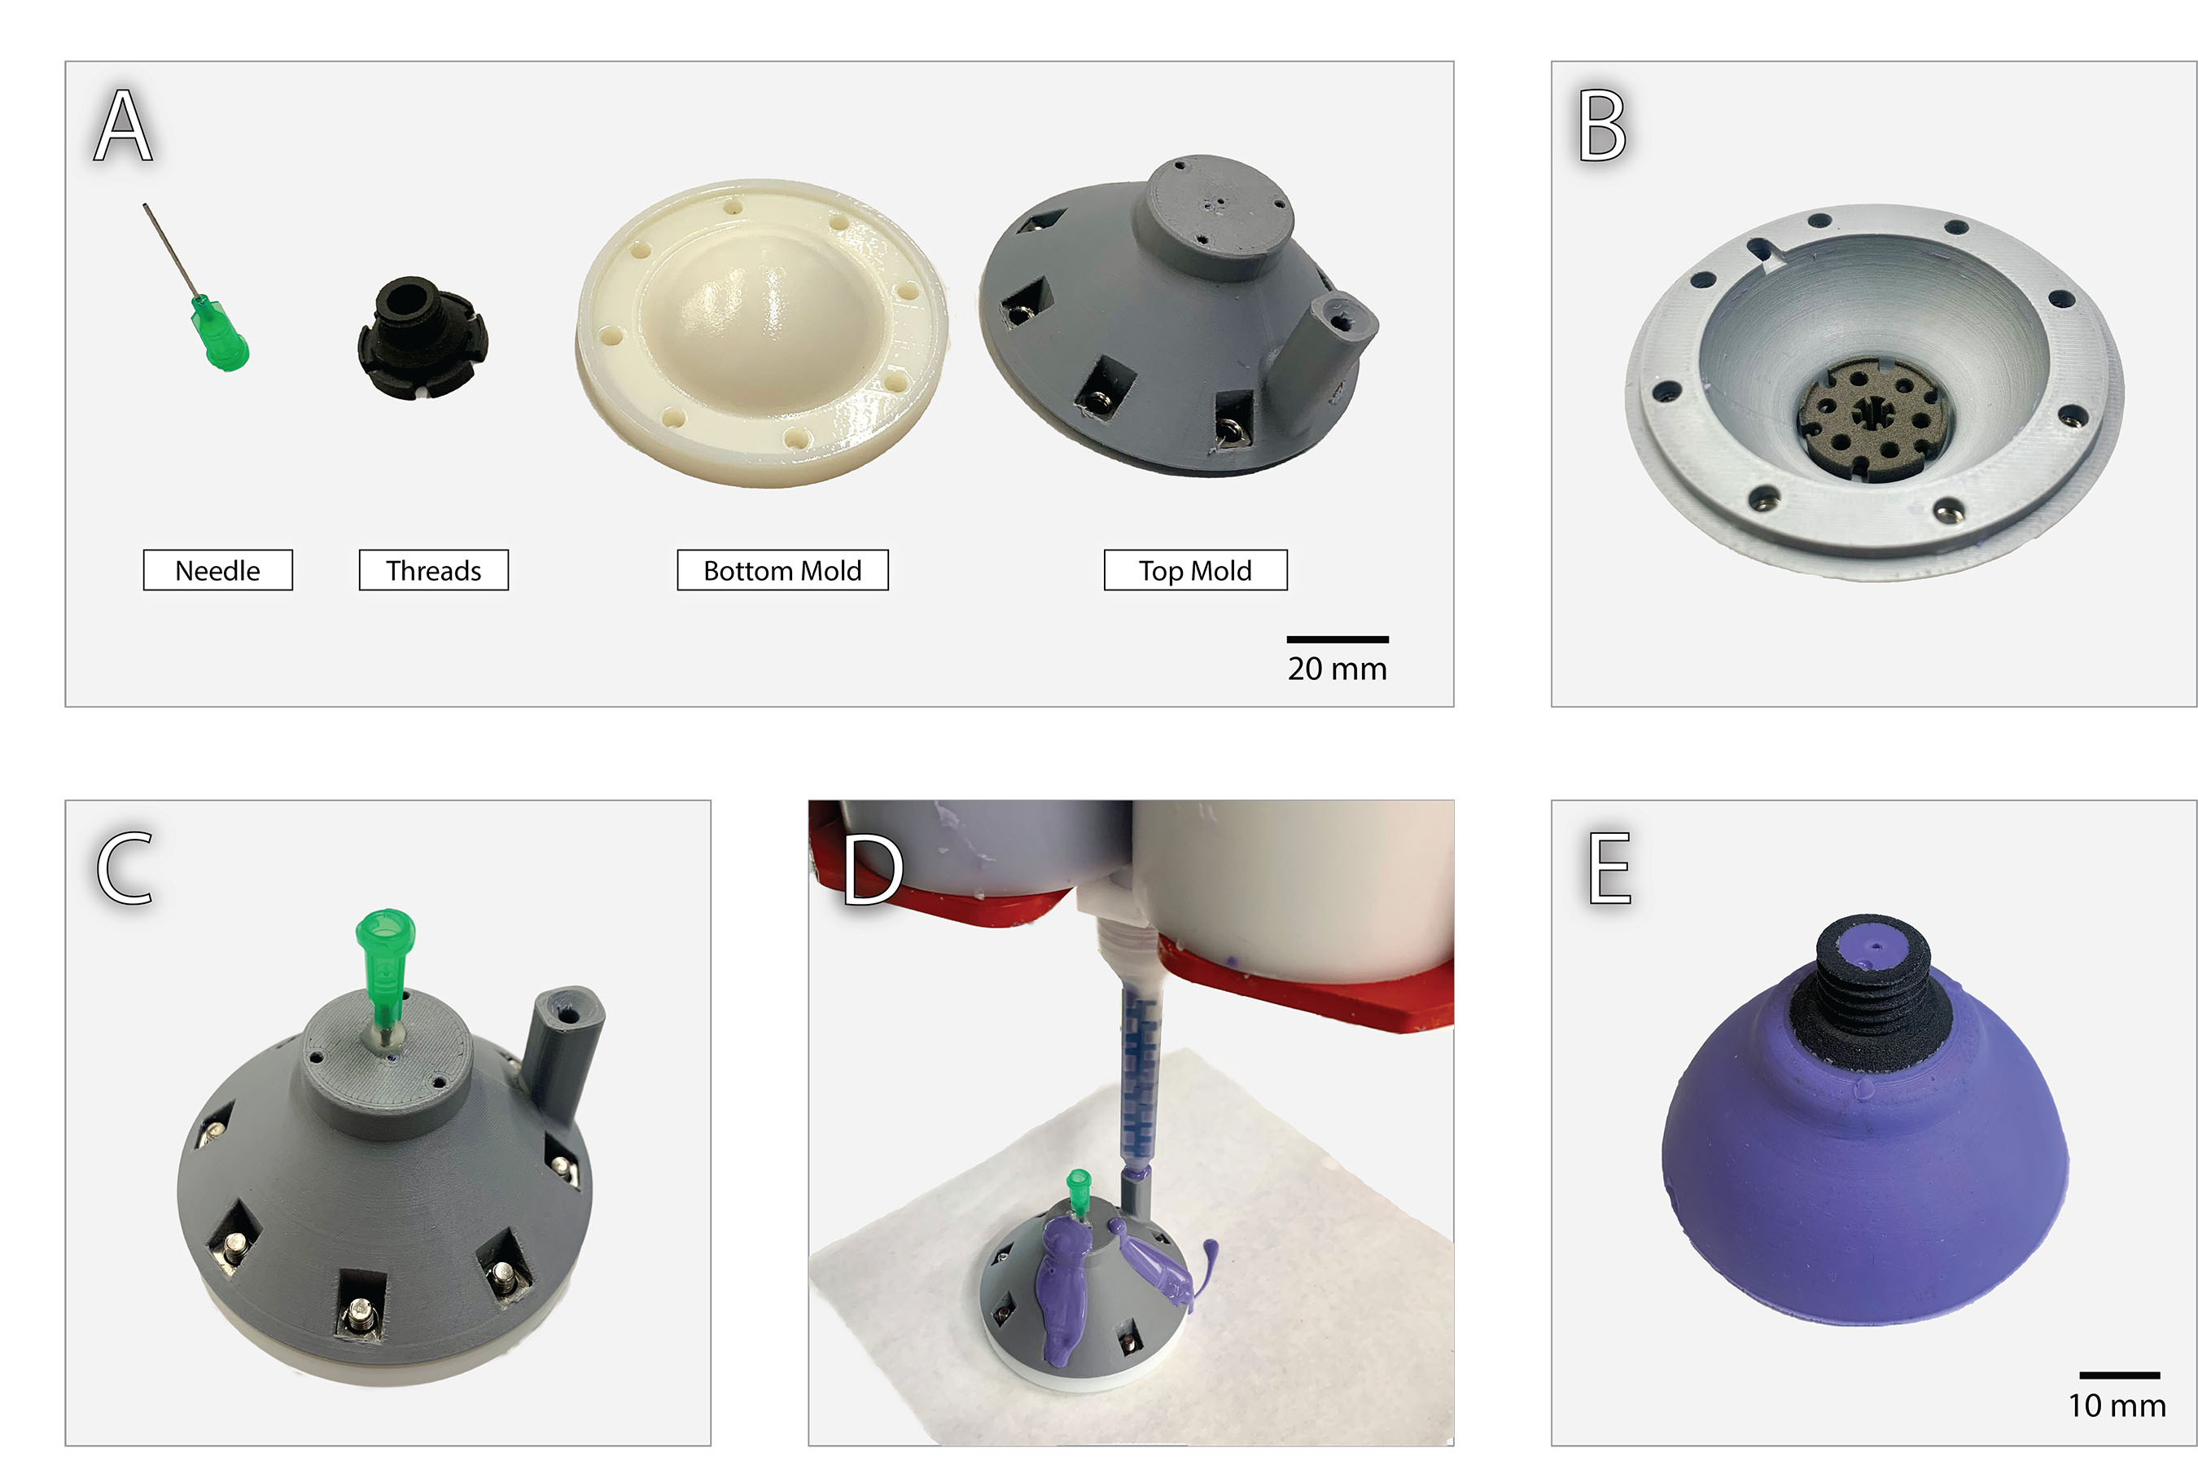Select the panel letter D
coord(872,869)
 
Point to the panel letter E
coord(1609,868)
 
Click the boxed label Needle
coord(217,570)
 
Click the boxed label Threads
coord(433,570)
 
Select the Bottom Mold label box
coord(782,570)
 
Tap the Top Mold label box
coord(1195,570)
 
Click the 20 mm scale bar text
coord(1337,669)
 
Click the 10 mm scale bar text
coord(2117,1405)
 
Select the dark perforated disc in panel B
coord(1872,419)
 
